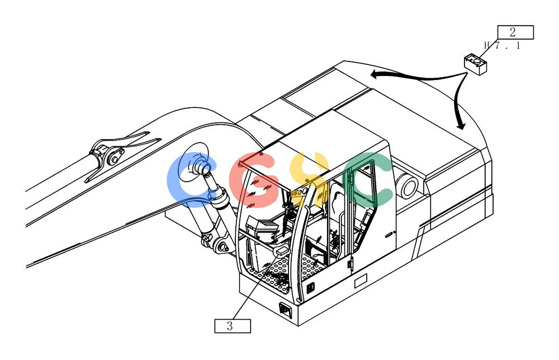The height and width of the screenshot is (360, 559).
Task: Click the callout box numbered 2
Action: (x=515, y=32)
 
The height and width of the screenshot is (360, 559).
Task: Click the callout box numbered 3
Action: (x=233, y=326)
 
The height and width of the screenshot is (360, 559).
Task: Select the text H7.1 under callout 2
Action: (x=503, y=45)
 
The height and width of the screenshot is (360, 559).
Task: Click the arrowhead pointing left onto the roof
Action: (x=375, y=74)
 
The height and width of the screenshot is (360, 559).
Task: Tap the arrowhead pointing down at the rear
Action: (x=461, y=125)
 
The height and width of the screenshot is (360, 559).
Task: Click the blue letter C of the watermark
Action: (x=190, y=179)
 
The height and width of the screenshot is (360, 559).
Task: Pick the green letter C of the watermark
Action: (x=367, y=179)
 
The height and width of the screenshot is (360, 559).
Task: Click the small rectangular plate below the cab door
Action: (x=361, y=282)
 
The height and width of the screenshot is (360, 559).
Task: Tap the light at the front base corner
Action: (x=286, y=309)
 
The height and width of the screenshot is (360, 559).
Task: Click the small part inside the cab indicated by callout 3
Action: (x=281, y=251)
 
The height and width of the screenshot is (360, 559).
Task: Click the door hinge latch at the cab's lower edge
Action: (x=350, y=263)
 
